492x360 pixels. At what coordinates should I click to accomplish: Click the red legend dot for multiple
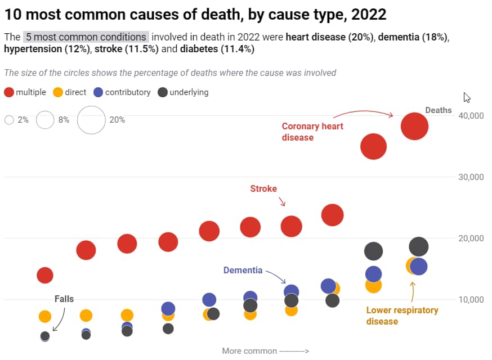[9, 92]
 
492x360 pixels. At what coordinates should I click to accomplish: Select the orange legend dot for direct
[57, 92]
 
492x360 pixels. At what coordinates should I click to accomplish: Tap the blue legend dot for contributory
[98, 92]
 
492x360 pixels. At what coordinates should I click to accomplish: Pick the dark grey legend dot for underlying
[162, 92]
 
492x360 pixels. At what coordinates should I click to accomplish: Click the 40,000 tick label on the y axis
[472, 115]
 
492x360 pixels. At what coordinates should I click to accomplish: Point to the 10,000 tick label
[472, 299]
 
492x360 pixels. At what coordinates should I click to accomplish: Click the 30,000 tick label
[472, 177]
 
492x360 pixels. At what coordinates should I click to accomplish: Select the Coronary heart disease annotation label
[312, 132]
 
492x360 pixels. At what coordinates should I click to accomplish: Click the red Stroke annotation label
[263, 188]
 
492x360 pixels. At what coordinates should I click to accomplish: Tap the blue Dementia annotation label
[243, 270]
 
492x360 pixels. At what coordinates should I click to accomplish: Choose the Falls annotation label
[64, 299]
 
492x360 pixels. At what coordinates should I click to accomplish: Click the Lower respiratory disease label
[402, 316]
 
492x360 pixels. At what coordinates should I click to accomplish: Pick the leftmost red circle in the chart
[45, 275]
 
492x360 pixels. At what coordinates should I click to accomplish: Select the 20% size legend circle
[91, 120]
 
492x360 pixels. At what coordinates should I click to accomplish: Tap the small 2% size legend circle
[9, 120]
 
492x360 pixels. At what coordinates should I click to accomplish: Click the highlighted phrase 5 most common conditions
[86, 38]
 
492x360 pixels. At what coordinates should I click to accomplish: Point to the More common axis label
[265, 351]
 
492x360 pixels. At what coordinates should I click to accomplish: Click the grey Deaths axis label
[439, 110]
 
